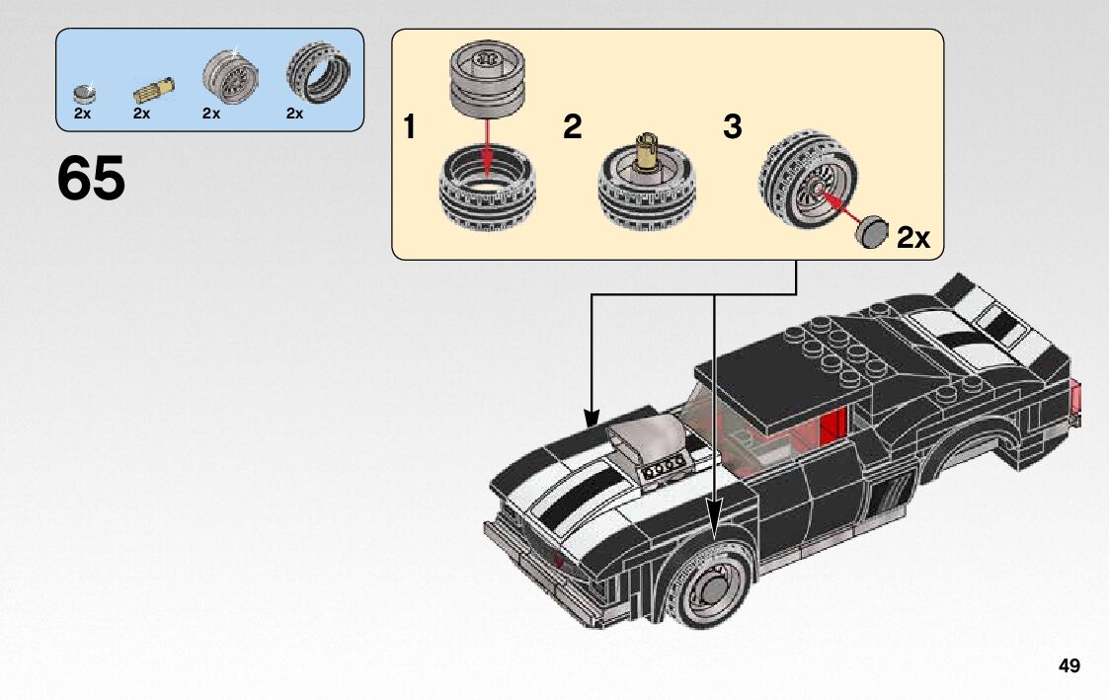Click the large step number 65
click(91, 178)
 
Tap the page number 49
click(1069, 665)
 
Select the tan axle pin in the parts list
click(154, 91)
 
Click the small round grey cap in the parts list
click(84, 94)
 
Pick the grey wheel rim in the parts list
click(230, 76)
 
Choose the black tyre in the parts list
click(318, 73)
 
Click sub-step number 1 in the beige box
click(409, 127)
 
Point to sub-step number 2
click(572, 127)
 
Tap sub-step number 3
click(732, 127)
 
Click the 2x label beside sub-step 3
click(913, 238)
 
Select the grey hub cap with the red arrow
click(871, 232)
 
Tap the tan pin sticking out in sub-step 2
click(646, 151)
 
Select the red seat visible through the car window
click(833, 426)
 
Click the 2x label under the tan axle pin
click(141, 114)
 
